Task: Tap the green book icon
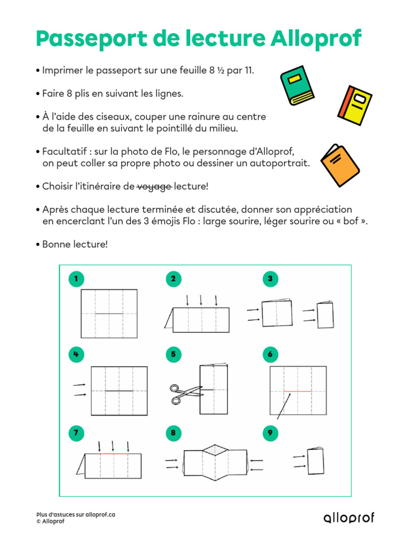pyautogui.click(x=299, y=85)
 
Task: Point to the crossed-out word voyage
pyautogui.click(x=154, y=186)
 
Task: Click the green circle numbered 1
pyautogui.click(x=76, y=278)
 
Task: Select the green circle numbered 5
pyautogui.click(x=174, y=354)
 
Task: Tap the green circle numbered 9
pyautogui.click(x=271, y=434)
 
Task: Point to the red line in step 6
pyautogui.click(x=297, y=391)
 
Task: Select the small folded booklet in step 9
pyautogui.click(x=316, y=461)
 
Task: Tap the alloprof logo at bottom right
pyautogui.click(x=349, y=517)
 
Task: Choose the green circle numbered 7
pyautogui.click(x=76, y=434)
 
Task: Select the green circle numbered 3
pyautogui.click(x=271, y=278)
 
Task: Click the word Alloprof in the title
pyautogui.click(x=316, y=39)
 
